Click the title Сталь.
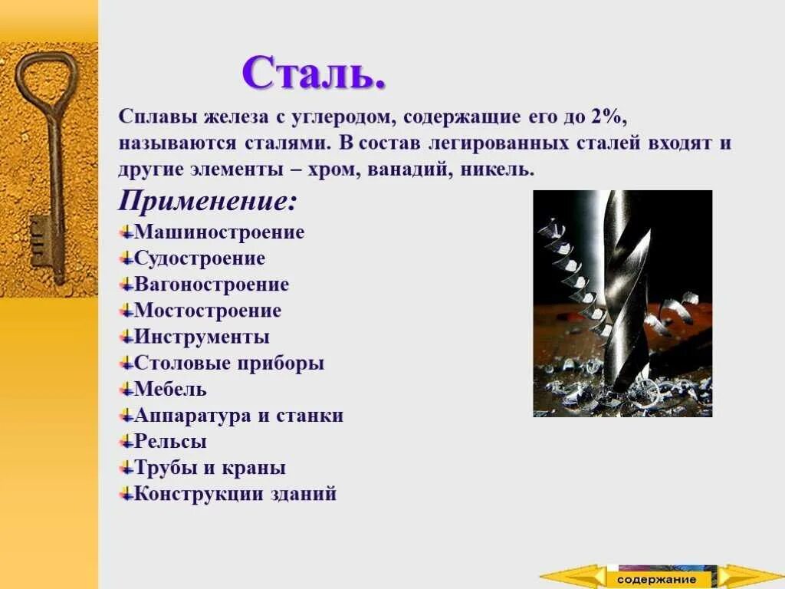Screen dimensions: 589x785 [314, 73]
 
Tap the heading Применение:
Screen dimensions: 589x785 [207, 202]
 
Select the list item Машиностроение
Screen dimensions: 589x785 [219, 232]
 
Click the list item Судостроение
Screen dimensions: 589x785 [199, 258]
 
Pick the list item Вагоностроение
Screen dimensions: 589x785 [212, 285]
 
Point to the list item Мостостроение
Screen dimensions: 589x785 [208, 311]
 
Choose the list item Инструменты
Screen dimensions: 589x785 [202, 337]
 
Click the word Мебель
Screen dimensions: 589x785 [170, 389]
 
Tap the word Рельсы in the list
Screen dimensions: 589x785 [170, 442]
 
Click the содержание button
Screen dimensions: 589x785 [657, 579]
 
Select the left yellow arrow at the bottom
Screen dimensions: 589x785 [571, 577]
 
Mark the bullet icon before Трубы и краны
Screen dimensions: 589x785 [126, 468]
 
